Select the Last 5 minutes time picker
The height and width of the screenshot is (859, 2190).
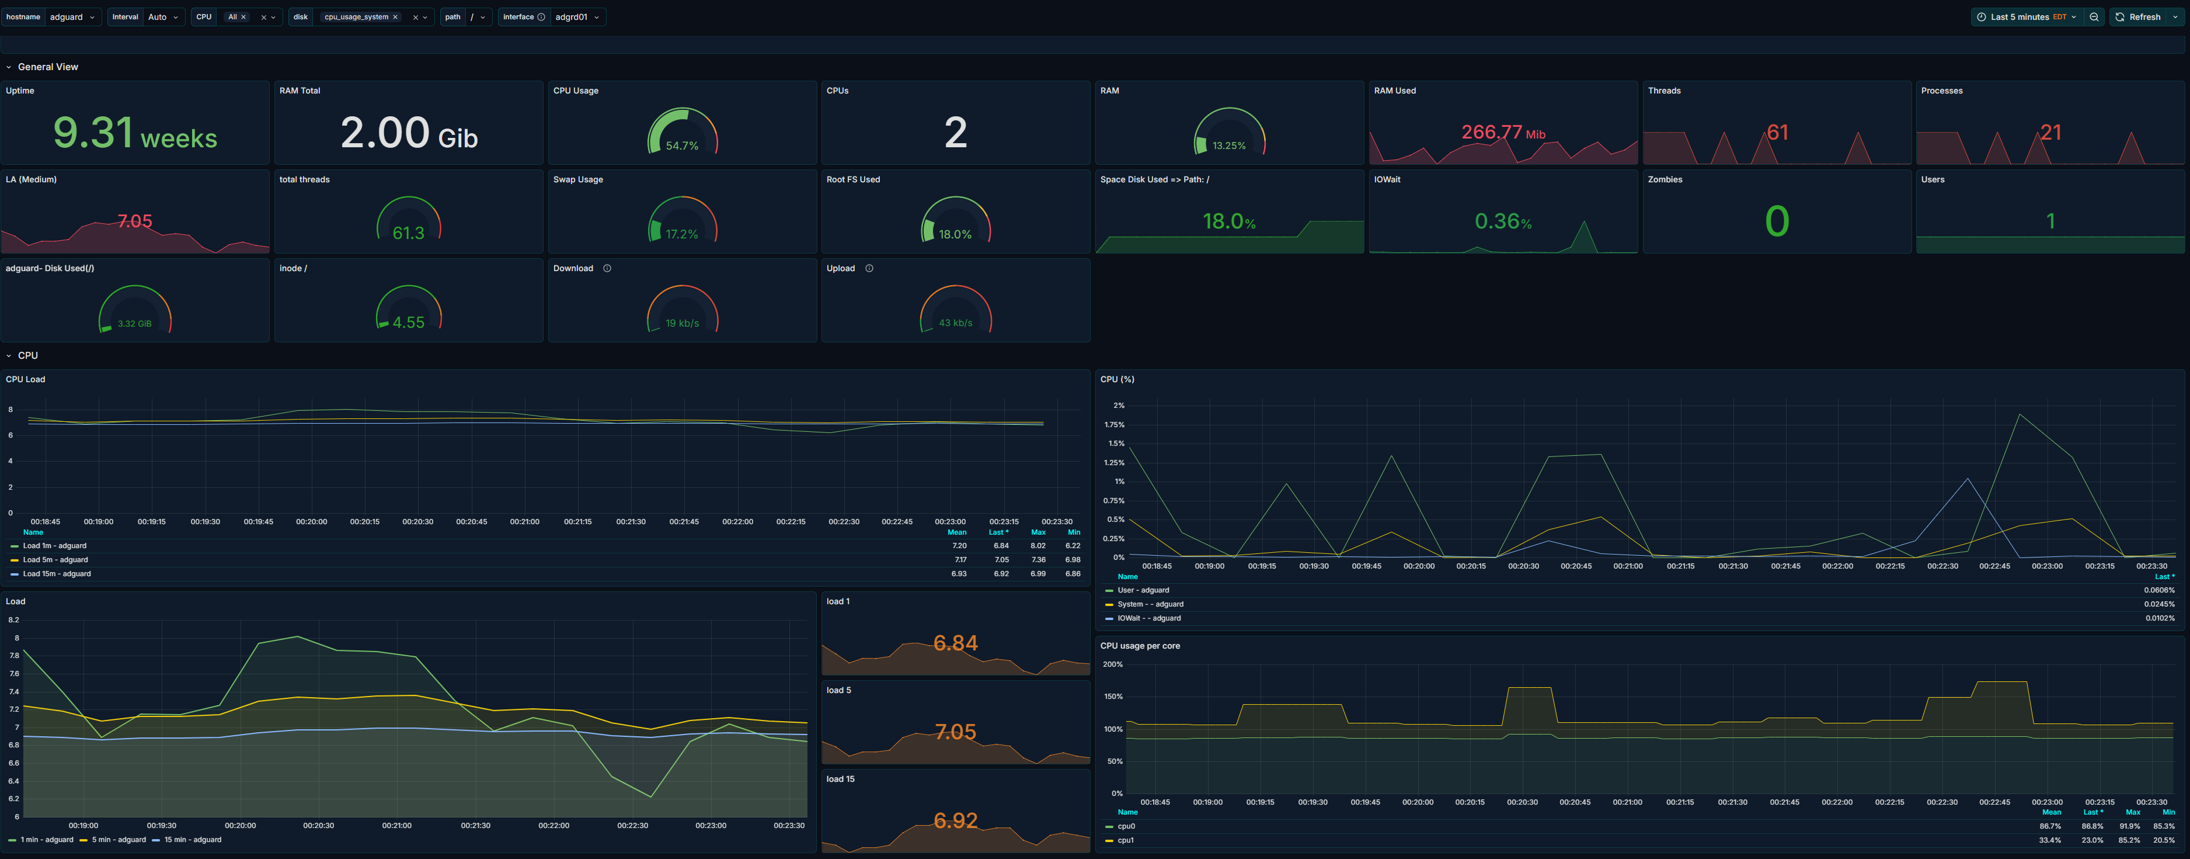coord(2027,17)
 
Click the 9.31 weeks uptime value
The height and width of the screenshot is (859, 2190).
coord(135,134)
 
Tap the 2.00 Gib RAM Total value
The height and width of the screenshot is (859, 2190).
coord(409,134)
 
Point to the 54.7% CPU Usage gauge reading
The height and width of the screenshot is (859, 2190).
coord(682,146)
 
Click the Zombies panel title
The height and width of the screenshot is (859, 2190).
coord(1665,179)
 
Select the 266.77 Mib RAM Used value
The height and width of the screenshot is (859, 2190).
coord(1503,133)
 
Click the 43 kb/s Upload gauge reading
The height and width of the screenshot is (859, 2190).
coord(956,323)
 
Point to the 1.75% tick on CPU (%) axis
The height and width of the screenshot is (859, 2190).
coord(1114,424)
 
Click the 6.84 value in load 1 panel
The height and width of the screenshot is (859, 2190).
coord(956,643)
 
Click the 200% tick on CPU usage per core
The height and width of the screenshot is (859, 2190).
coord(1112,664)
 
